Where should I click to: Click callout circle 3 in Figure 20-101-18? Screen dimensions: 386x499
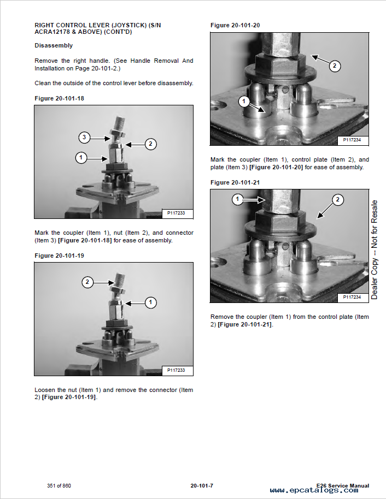click(x=84, y=138)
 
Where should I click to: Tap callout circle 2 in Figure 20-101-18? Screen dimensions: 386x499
click(x=150, y=144)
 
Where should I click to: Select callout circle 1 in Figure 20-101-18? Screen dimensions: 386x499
click(x=81, y=158)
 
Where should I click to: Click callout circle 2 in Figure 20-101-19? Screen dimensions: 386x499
click(x=87, y=282)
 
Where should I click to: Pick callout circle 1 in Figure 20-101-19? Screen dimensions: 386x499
click(x=150, y=302)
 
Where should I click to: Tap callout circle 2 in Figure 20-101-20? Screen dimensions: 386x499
click(x=335, y=66)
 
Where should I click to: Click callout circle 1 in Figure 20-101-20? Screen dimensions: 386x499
click(x=244, y=102)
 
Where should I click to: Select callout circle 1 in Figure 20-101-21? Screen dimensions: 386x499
click(x=237, y=199)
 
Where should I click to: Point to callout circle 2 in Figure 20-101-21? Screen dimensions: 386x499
click(x=337, y=200)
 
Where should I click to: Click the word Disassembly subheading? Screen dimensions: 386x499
click(x=54, y=45)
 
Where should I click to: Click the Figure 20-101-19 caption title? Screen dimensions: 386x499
click(x=59, y=256)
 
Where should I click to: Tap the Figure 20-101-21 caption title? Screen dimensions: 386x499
click(x=235, y=182)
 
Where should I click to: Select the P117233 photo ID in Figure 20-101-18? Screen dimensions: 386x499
click(x=176, y=213)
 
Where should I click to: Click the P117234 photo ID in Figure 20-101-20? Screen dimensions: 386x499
click(x=352, y=140)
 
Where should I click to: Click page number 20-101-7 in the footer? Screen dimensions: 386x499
click(x=202, y=486)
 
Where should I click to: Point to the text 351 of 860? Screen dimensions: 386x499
click(x=59, y=486)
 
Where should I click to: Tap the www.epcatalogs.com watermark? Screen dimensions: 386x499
click(x=314, y=490)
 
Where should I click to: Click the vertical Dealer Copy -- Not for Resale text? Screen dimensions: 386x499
click(x=374, y=249)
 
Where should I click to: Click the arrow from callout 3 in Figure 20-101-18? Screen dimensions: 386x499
click(x=100, y=139)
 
